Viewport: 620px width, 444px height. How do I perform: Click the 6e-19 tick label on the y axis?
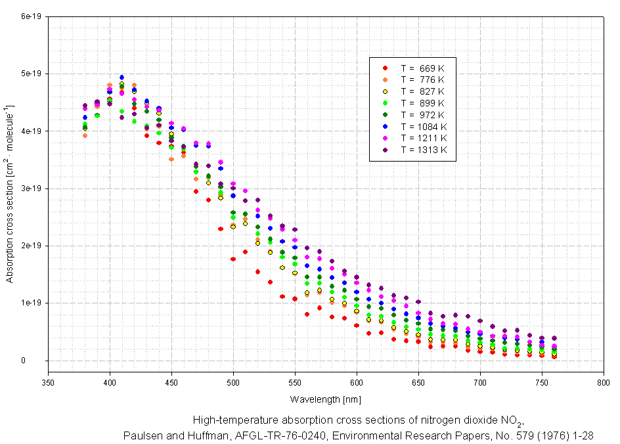tap(32, 16)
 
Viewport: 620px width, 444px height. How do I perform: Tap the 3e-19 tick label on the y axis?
tap(32, 188)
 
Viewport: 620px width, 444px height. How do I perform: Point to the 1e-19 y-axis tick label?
tap(32, 303)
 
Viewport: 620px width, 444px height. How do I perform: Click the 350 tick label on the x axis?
tap(48, 382)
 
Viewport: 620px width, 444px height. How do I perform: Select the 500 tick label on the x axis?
tap(233, 382)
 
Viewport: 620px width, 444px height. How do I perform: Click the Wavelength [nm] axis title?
tap(326, 399)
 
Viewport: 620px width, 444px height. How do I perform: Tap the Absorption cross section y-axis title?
tap(10, 193)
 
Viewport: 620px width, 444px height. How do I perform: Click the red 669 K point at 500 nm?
tap(233, 259)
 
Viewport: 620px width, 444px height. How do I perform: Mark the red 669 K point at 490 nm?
tap(221, 229)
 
